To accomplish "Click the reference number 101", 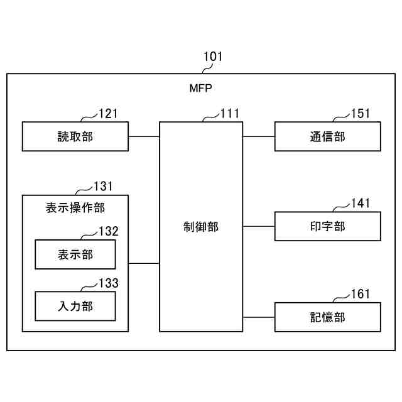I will point(213,57).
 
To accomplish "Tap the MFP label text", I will point(202,89).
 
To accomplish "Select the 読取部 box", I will point(75,137).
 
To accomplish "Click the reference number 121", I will point(108,114).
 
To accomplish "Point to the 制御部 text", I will point(201,227).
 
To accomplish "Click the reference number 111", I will point(230,114).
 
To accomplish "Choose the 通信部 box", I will point(327,137).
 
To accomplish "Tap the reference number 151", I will point(361,114).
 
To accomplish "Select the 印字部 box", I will point(327,227).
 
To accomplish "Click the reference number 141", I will point(361,203).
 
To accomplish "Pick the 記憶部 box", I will point(327,317).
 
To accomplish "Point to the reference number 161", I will point(361,294).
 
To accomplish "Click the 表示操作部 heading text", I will point(75,207).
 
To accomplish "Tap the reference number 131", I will point(103,186).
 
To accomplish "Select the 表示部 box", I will point(75,254).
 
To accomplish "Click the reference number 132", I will point(108,231).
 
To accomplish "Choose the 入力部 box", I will point(75,307).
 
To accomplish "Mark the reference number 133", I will point(108,283).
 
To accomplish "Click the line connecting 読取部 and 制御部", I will point(144,137).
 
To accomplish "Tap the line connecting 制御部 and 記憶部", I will point(259,317).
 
